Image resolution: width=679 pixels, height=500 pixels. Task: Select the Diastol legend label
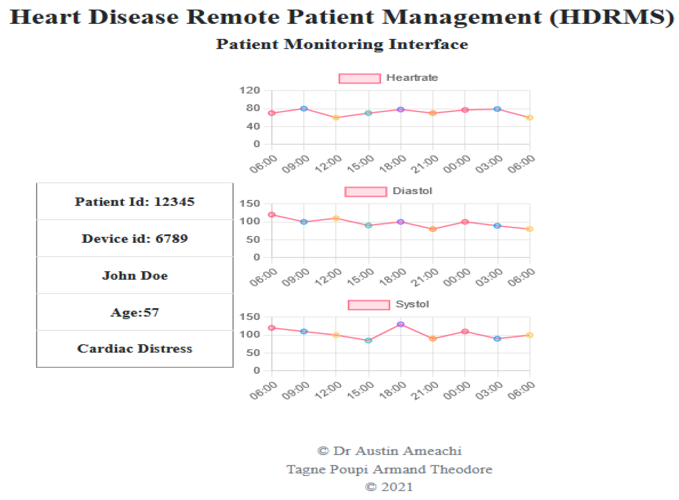click(412, 191)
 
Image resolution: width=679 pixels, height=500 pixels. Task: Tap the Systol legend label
click(412, 304)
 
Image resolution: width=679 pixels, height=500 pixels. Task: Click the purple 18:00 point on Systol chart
click(400, 324)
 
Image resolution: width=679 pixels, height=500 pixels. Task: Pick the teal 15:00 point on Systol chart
click(368, 340)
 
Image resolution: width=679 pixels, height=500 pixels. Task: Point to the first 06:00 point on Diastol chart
click(272, 215)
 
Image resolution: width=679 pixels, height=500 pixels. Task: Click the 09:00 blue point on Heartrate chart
click(304, 109)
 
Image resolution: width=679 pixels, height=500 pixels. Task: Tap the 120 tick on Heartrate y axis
click(250, 90)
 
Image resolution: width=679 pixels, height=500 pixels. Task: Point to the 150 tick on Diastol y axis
click(250, 204)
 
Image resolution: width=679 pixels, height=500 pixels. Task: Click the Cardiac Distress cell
click(135, 349)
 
